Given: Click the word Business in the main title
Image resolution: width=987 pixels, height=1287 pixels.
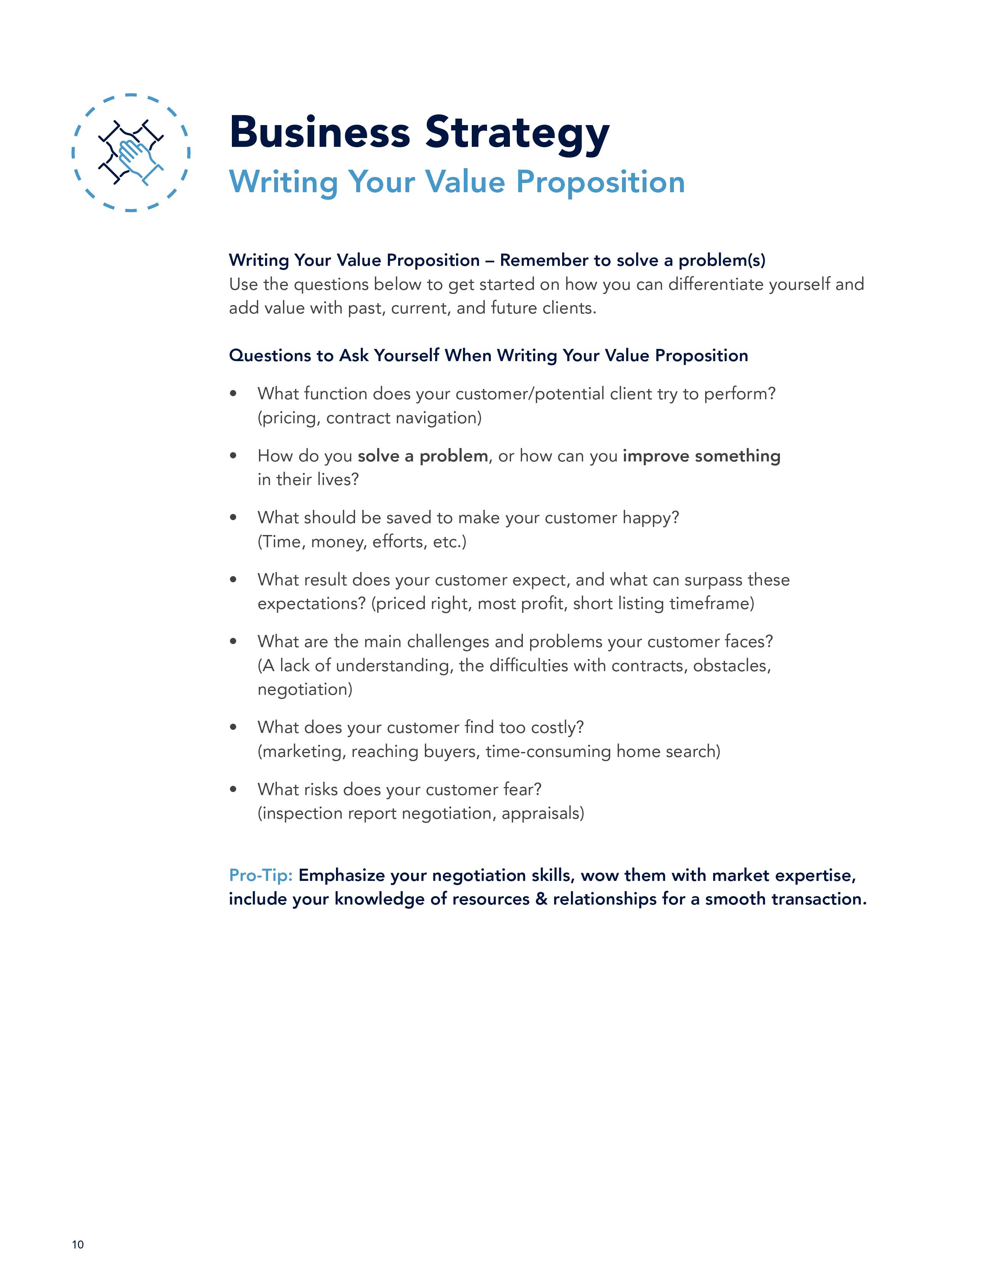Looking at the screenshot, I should tap(319, 132).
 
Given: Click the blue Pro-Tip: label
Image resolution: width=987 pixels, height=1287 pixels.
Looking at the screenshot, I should tap(260, 875).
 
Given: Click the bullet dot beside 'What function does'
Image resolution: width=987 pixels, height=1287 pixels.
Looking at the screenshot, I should tap(233, 394).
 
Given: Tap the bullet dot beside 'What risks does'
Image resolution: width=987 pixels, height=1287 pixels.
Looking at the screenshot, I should tap(233, 789).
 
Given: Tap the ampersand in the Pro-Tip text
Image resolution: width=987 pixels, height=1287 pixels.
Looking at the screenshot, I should tap(541, 899).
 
